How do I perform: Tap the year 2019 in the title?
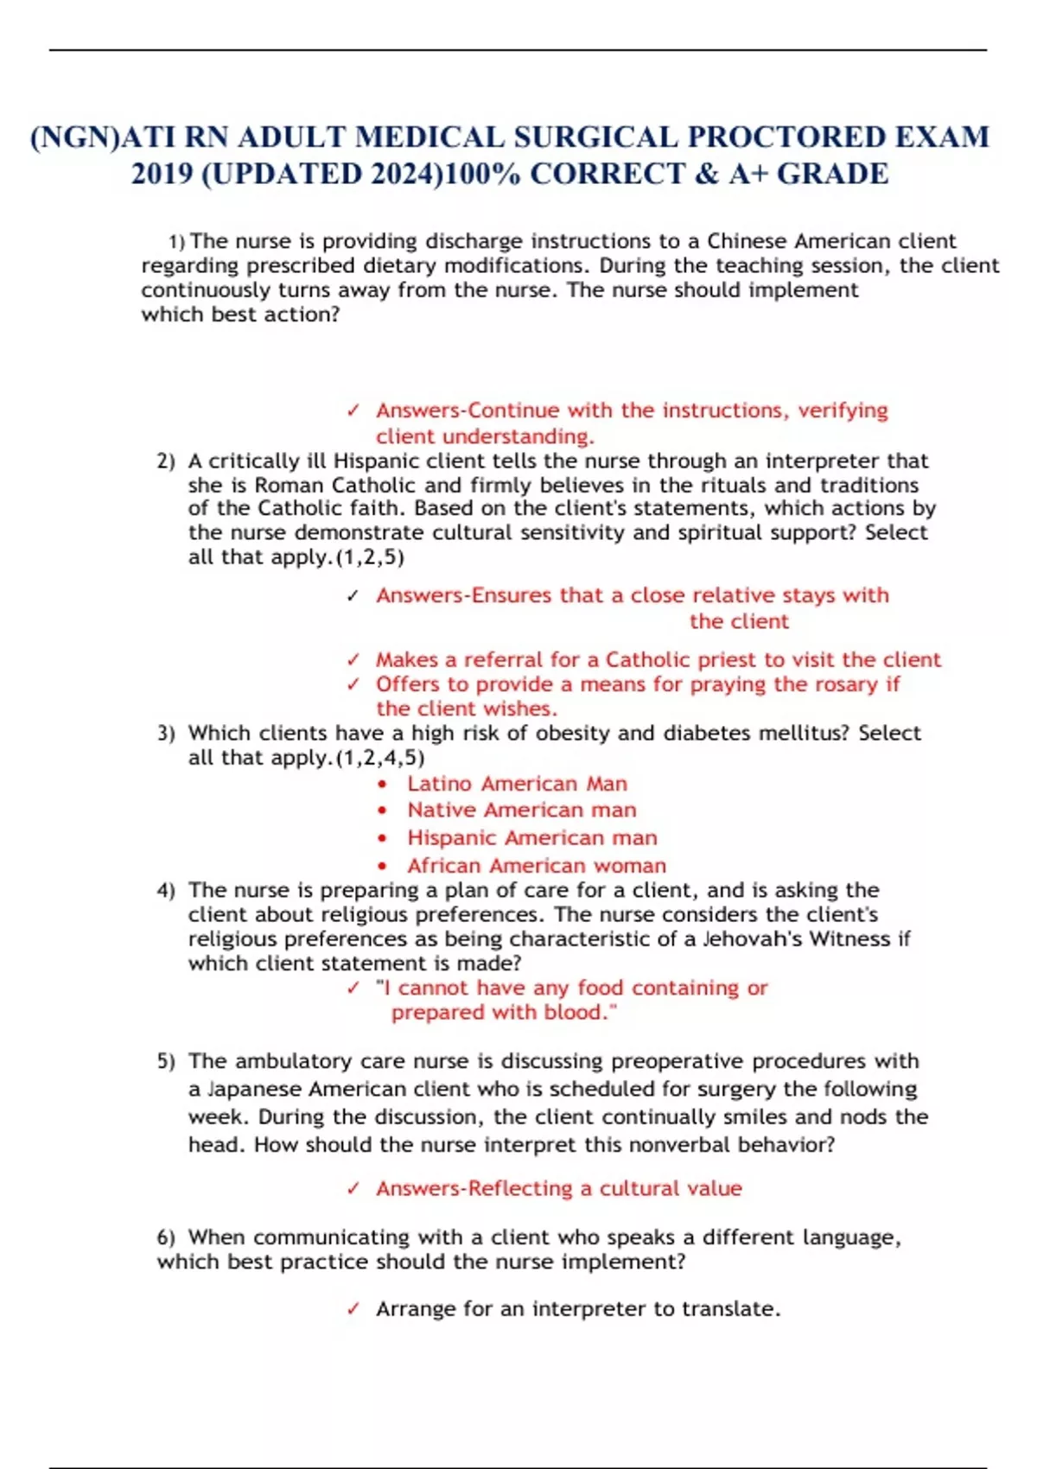161,174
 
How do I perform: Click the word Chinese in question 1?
747,241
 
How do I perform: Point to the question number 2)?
166,461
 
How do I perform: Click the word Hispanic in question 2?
372,461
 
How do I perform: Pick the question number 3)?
166,734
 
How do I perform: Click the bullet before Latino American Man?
383,785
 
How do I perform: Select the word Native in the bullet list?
442,811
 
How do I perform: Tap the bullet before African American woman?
383,866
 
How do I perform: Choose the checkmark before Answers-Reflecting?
353,1189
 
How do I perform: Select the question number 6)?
166,1237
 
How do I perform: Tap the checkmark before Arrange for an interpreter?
353,1309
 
